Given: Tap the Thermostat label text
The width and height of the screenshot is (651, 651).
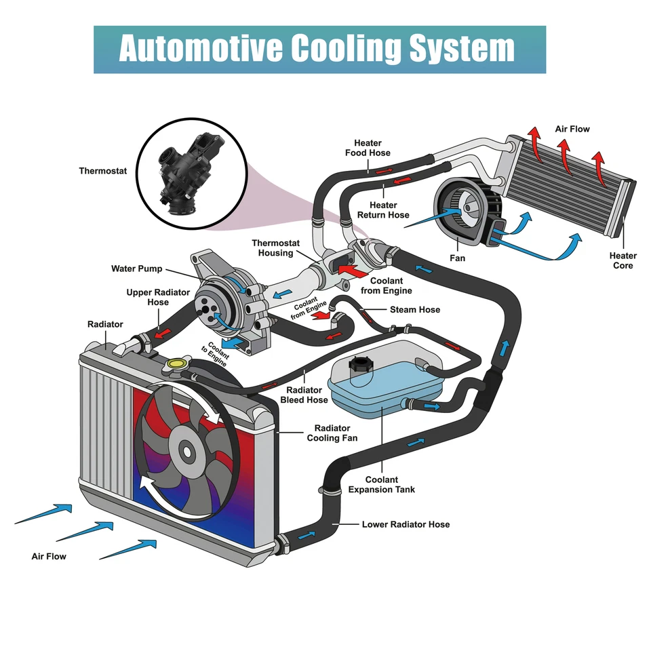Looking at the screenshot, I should (102, 171).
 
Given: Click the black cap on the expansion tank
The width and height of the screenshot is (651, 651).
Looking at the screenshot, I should (358, 370).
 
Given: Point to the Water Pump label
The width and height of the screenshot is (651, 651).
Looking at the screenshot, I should (136, 269).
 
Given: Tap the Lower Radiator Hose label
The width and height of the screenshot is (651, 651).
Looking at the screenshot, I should (406, 524).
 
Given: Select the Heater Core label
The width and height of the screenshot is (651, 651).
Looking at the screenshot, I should (623, 260).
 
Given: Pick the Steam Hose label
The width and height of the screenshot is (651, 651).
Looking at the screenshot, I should (414, 309).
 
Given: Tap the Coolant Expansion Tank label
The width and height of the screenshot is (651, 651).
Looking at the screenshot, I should (381, 484).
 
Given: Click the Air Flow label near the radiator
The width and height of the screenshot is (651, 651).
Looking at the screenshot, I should (49, 556).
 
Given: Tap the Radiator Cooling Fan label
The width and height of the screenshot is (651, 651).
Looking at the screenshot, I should (332, 433).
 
